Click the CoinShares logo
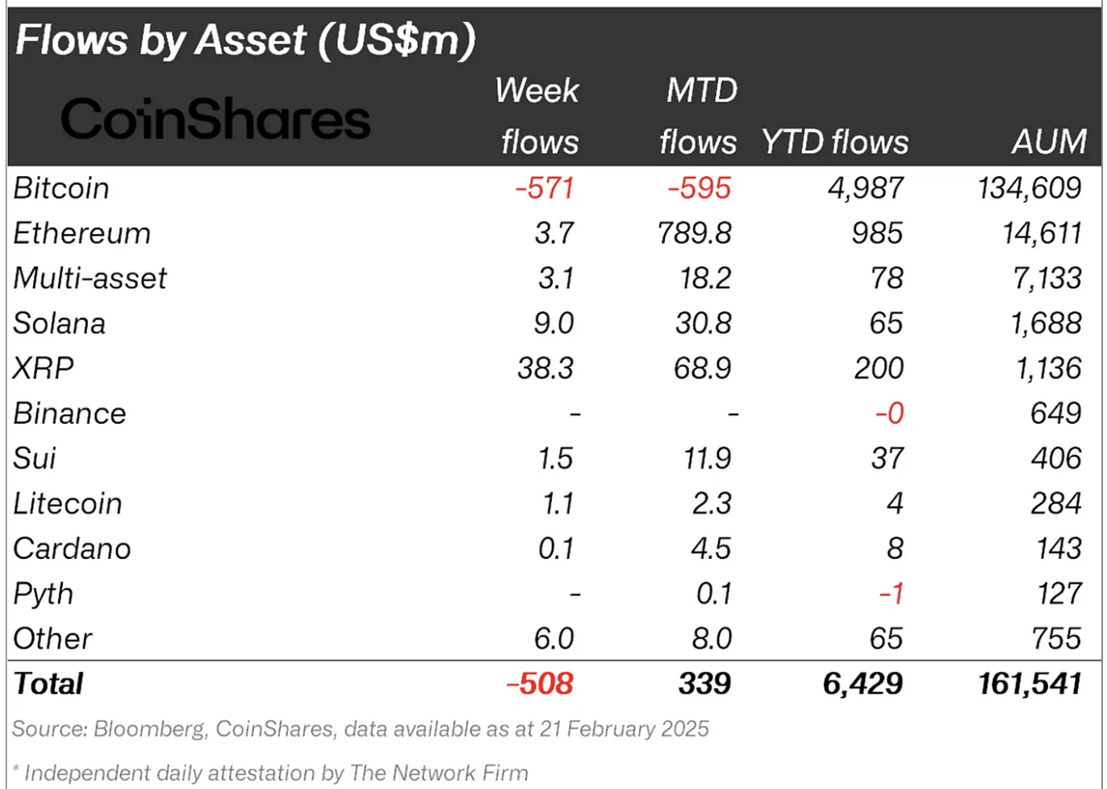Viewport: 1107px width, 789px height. [x=215, y=120]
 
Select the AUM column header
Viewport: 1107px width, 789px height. [x=1049, y=142]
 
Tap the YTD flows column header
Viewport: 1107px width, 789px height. [x=834, y=142]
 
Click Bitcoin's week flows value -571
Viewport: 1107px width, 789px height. [x=545, y=188]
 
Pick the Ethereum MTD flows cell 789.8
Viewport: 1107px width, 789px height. [x=694, y=233]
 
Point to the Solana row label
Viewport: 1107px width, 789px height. [x=60, y=323]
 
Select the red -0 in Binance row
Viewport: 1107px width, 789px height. [x=889, y=413]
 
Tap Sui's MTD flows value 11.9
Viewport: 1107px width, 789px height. [x=707, y=459]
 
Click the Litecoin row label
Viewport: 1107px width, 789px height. [x=68, y=504]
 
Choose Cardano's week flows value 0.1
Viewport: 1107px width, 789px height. [x=556, y=549]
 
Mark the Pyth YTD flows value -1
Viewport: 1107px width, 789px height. [x=891, y=594]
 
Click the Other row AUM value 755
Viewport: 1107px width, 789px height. [x=1056, y=639]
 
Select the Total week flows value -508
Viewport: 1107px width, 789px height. [x=540, y=684]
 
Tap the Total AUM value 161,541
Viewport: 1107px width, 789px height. [x=1029, y=684]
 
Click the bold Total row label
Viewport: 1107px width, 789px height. [x=48, y=684]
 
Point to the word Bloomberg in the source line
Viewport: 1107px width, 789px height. [x=150, y=729]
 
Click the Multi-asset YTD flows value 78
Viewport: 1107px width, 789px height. [x=887, y=279]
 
